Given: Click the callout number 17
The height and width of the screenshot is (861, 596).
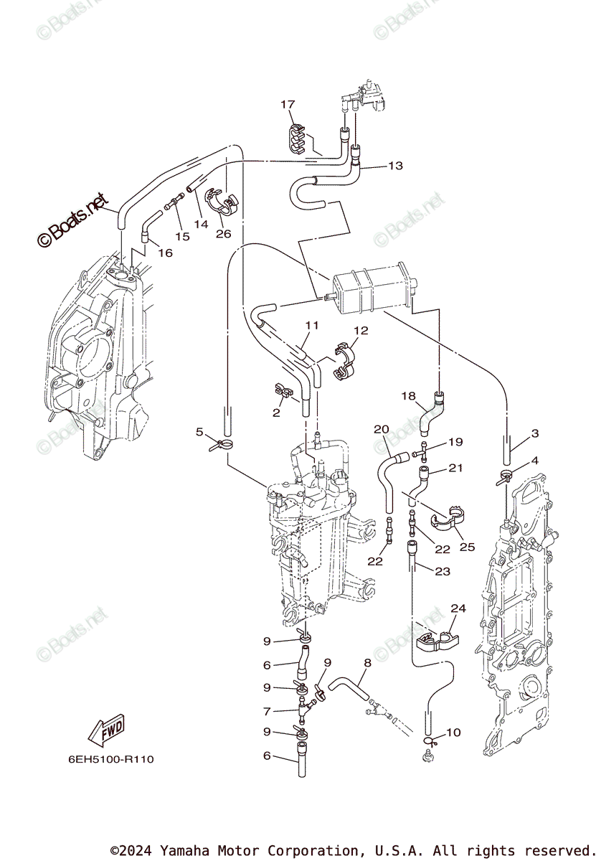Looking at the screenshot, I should (288, 105).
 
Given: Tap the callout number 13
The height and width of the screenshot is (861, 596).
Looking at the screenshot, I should (395, 166).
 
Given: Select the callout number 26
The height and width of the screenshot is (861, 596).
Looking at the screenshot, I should (223, 233).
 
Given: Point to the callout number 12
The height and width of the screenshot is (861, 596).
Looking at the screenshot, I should (360, 331).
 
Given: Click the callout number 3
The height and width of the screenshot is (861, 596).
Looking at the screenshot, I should (535, 433).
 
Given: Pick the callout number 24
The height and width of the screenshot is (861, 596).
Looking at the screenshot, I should (458, 608).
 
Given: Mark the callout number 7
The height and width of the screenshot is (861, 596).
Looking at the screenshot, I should (266, 712).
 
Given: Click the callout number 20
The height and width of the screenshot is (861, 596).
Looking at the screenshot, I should (381, 429).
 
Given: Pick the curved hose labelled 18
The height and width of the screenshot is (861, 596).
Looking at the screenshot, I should (432, 413).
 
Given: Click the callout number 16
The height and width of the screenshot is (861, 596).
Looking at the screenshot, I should (166, 253).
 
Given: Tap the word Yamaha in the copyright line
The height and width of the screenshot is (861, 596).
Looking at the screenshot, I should (184, 851).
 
